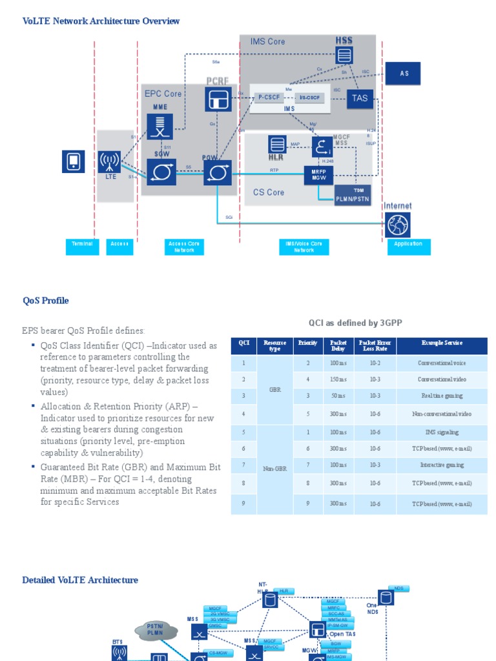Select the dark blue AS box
[404, 74]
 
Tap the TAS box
[360, 98]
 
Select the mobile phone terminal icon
[73, 161]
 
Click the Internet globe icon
[398, 225]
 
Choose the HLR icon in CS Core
[277, 145]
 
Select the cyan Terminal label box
[82, 247]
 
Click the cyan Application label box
[408, 247]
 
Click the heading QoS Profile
[45, 301]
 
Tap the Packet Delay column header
[338, 346]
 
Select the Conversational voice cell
[442, 363]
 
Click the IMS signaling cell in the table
[442, 432]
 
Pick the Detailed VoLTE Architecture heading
[80, 580]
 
